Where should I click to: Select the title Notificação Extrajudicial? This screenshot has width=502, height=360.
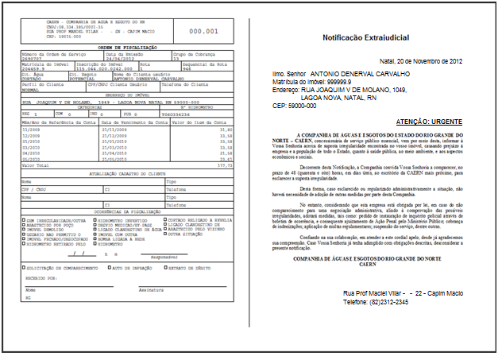pyautogui.click(x=365, y=38)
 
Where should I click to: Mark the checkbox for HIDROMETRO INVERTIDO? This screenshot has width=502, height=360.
pyautogui.click(x=96, y=219)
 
